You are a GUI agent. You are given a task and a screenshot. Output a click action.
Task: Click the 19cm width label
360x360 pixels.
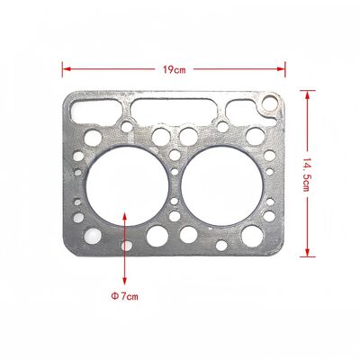coord(175,67)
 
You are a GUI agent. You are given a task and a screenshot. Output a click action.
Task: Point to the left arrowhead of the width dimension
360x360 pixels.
coord(65,67)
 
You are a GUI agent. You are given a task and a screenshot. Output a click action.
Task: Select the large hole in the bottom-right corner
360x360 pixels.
coord(256,236)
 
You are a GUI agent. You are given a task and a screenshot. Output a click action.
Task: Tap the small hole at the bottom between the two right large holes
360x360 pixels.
coord(220,244)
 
